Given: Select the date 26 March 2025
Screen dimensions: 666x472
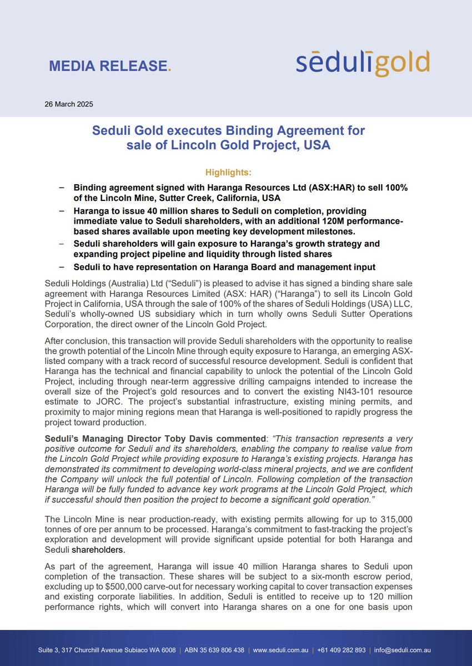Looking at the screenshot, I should (69, 104).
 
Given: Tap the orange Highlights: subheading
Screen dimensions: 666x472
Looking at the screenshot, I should (228, 173).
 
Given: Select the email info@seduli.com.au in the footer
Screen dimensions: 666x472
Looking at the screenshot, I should (403, 650).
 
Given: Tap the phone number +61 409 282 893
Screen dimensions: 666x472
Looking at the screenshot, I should (342, 650).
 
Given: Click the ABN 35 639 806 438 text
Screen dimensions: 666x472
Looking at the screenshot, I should (214, 650).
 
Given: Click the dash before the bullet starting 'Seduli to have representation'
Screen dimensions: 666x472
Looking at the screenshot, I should (62, 267).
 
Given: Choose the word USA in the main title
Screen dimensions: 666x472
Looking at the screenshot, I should (317, 145).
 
